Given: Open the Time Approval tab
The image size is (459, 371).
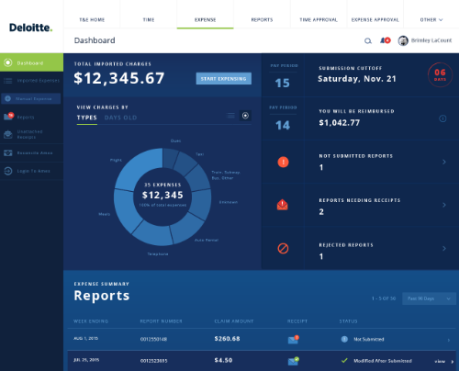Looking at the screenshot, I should tap(318, 17).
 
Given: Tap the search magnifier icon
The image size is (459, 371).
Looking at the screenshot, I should tap(368, 41).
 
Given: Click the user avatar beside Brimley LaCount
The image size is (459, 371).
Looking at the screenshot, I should tap(403, 41).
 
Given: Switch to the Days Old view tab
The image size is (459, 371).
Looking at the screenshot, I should tap(119, 118).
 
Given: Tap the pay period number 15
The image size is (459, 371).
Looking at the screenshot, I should tap(283, 82).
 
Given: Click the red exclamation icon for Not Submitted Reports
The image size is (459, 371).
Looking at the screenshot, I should tap(283, 163).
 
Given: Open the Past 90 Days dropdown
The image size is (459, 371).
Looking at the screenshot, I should tap(431, 298).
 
